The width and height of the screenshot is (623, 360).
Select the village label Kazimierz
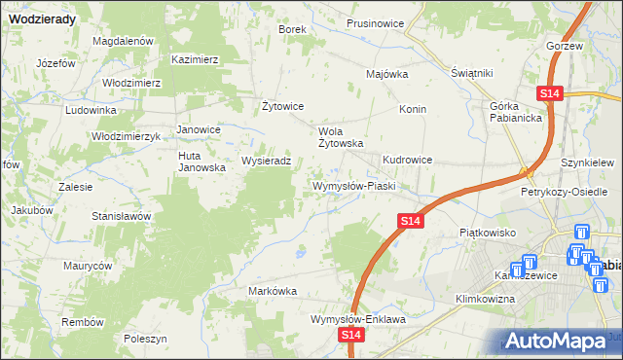coord(194,59)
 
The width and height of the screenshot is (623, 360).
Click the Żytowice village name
coord(284,106)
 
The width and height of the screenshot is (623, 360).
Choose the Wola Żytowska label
coord(341,136)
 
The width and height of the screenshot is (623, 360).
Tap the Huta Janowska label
coord(202,162)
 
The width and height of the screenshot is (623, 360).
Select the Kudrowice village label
coord(407,159)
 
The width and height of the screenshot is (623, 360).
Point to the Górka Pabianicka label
coord(515,112)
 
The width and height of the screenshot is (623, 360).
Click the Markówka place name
coord(273,291)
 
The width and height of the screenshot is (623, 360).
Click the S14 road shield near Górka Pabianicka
coord(550,92)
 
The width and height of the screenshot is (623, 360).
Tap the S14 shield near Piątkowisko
coord(411,223)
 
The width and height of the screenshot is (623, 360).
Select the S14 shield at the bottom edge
coord(352,335)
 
